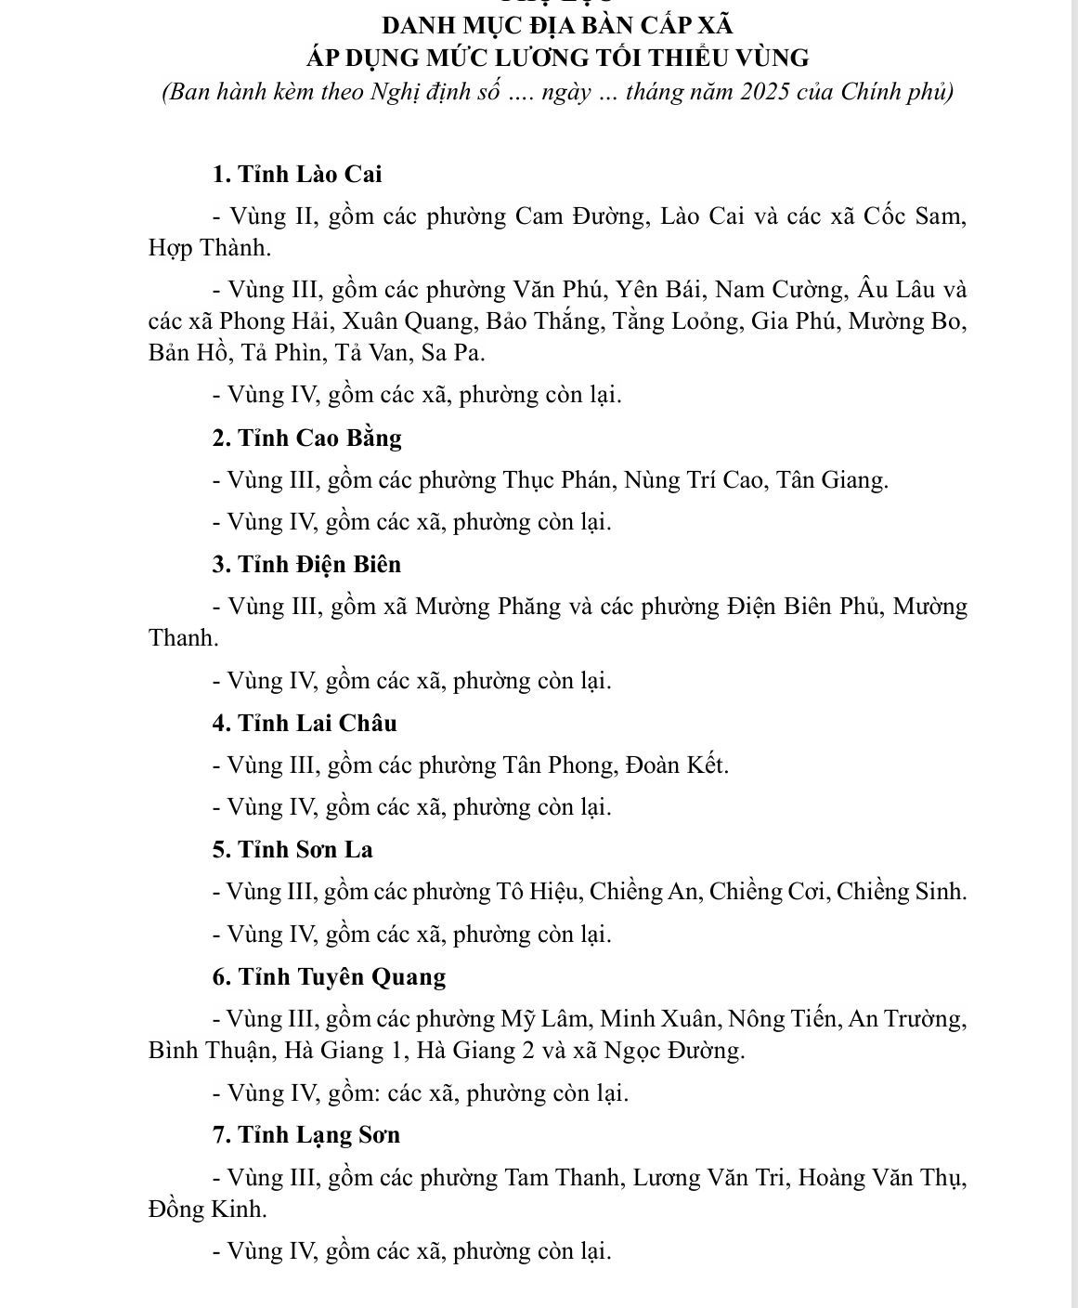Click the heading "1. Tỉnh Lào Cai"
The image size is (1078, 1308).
(297, 175)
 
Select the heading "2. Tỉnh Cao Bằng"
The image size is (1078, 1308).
(306, 438)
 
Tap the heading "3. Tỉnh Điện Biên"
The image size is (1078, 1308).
(306, 564)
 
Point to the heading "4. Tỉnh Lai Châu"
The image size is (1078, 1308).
(304, 723)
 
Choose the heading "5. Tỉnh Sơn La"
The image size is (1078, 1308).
(292, 849)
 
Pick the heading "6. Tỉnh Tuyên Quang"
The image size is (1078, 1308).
(329, 976)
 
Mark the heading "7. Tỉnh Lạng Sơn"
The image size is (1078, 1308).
(305, 1134)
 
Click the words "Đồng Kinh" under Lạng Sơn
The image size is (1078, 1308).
(207, 1210)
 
